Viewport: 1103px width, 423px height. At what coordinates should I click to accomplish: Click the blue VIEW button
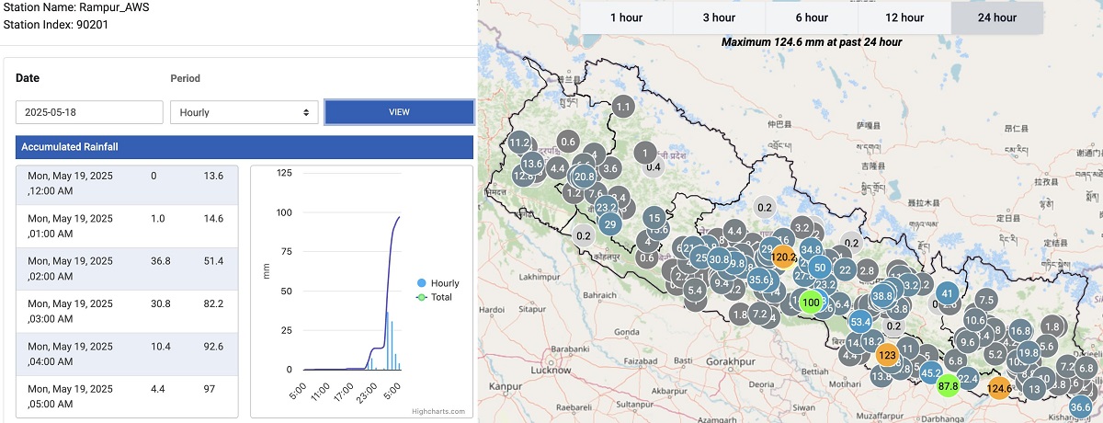click(399, 112)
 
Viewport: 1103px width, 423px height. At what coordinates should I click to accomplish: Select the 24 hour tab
click(997, 17)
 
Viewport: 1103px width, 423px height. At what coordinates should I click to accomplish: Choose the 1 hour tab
click(626, 17)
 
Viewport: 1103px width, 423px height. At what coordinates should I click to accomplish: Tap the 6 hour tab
click(812, 17)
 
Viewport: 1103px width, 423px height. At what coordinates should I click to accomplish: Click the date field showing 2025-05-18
click(88, 112)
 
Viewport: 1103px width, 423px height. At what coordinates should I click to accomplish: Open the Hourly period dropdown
click(244, 112)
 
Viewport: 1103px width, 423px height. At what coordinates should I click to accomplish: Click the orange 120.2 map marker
click(783, 257)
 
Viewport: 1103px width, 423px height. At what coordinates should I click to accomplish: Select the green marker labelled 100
click(811, 302)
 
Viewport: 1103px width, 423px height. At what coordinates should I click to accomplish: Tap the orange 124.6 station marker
click(999, 389)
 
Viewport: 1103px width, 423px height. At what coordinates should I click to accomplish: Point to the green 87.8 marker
click(948, 387)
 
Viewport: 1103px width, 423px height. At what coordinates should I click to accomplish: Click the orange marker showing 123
click(887, 355)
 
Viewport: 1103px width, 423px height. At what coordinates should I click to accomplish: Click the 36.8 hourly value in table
click(163, 262)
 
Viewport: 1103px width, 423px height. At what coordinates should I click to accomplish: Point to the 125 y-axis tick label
click(283, 173)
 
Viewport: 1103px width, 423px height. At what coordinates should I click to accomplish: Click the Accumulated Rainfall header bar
click(244, 147)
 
